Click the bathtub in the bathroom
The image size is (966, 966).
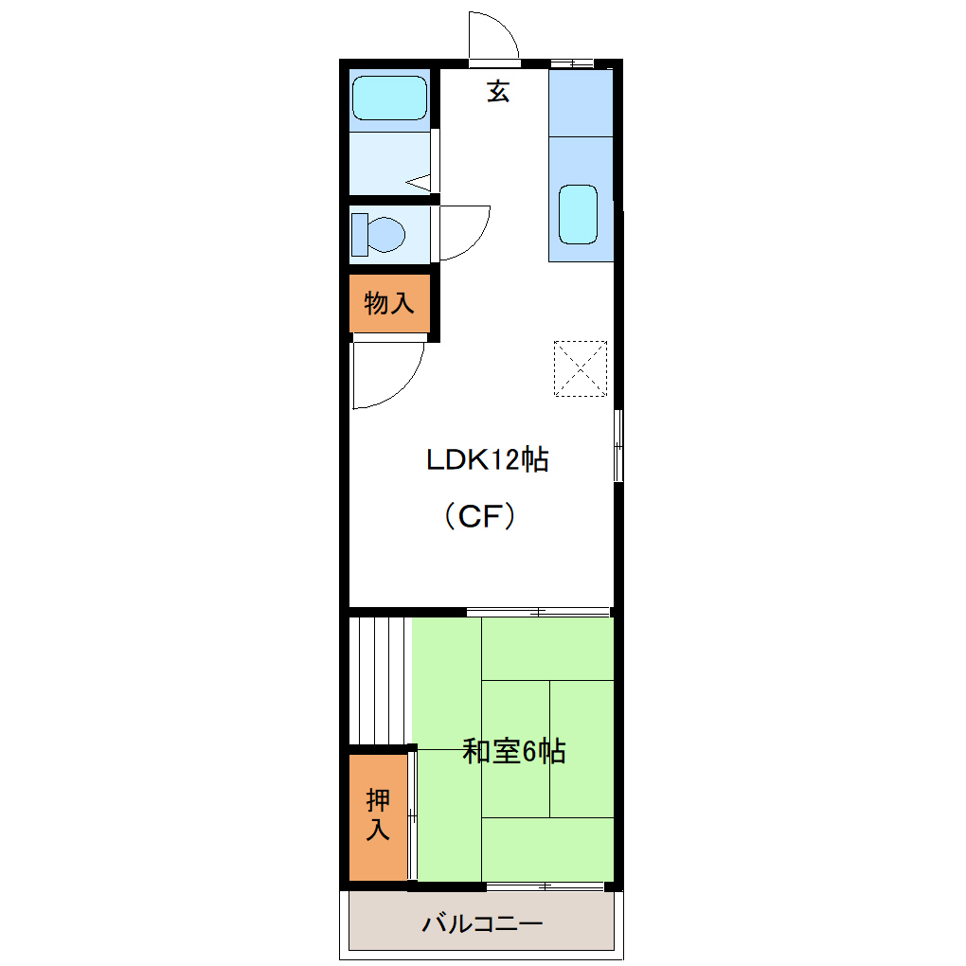[x=389, y=98]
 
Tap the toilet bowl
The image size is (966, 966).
[x=386, y=233]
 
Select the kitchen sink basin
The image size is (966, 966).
[x=578, y=213]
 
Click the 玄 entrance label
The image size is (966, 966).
[x=498, y=92]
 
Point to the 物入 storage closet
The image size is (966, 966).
[x=389, y=304]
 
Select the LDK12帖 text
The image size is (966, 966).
[x=487, y=460]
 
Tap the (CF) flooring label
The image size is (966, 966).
[x=480, y=516]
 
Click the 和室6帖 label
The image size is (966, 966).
[x=514, y=752]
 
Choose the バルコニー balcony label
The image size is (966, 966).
[x=482, y=923]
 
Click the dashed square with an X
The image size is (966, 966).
[x=580, y=367]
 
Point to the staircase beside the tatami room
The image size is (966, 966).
[x=379, y=680]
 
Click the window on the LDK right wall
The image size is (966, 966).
[x=618, y=445]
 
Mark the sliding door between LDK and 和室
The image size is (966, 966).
[x=538, y=612]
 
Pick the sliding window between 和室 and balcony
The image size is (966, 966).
[x=545, y=886]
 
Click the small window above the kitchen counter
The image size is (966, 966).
[x=571, y=63]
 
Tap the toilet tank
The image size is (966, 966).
[x=360, y=234]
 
